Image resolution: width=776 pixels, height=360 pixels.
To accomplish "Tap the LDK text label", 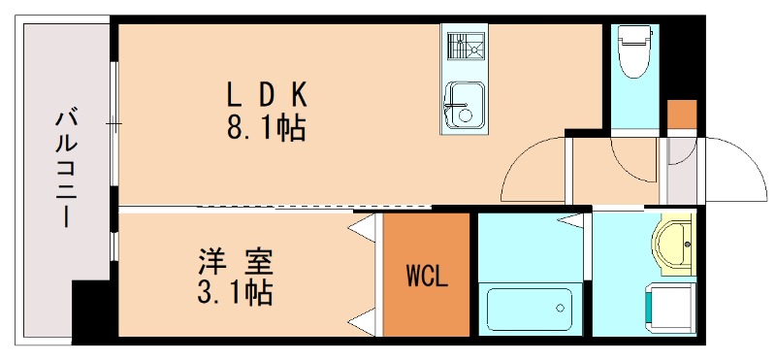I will click(267, 95).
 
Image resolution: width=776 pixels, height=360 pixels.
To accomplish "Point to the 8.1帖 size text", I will click(266, 127).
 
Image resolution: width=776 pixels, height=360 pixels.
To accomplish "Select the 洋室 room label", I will click(236, 261).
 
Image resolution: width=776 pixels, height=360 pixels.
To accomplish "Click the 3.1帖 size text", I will click(235, 291).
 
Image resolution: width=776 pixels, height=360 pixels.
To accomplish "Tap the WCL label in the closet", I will click(426, 277).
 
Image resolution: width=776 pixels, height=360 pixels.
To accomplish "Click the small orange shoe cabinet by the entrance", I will click(682, 114).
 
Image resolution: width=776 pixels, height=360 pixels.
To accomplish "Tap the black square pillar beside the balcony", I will click(94, 309).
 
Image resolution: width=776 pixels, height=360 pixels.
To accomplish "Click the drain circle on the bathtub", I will click(561, 309).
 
